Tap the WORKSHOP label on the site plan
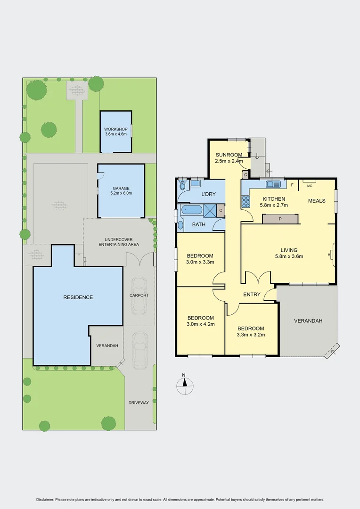point(116,130)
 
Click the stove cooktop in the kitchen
point(246,202)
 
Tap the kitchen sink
point(274,184)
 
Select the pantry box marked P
point(280,219)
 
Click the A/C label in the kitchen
point(309,186)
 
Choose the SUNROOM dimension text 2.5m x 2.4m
point(229,161)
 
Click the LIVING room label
point(289,250)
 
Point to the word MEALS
point(317,201)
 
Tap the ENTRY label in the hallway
point(252,295)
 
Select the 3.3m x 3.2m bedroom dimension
point(250,335)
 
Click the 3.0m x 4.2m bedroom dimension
point(200,324)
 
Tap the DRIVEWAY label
point(139,402)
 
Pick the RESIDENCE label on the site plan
point(78,297)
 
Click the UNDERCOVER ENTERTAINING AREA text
point(118,242)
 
